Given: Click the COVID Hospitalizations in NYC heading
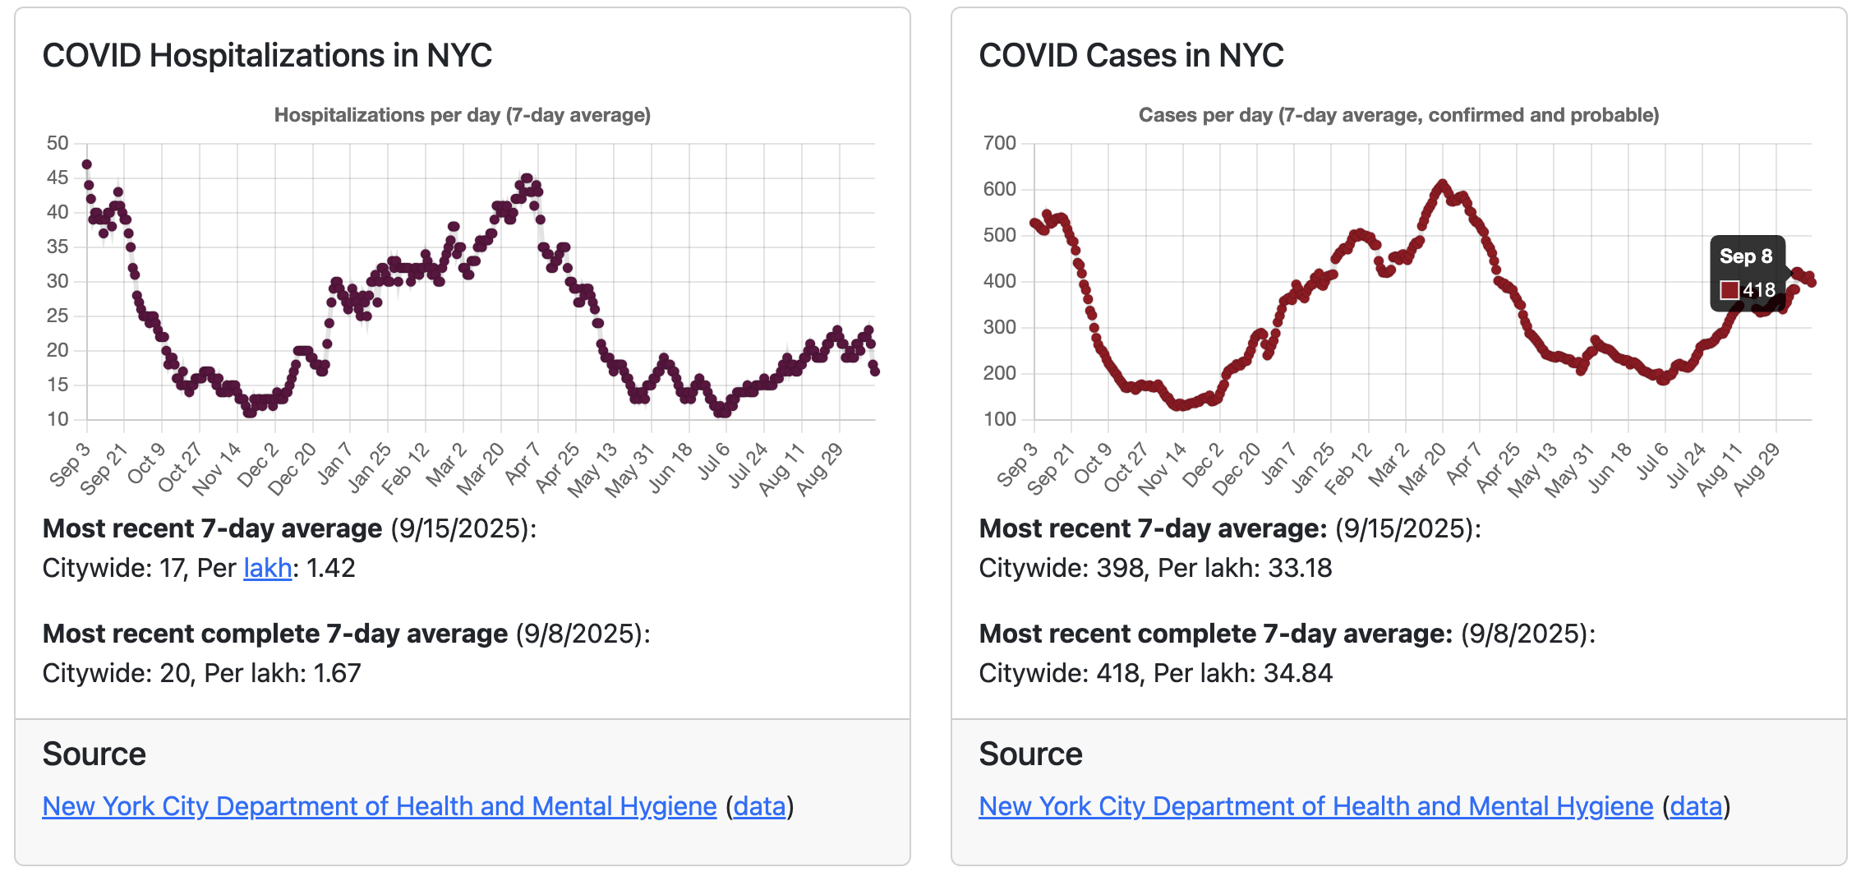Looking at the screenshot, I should (x=267, y=56).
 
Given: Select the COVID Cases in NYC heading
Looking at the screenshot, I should (x=1131, y=56).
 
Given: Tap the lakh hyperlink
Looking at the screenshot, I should (x=268, y=568).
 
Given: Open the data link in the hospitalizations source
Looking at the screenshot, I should (x=759, y=806).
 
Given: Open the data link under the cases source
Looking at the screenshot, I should (x=1696, y=806).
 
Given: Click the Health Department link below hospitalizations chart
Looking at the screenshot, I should (x=380, y=806).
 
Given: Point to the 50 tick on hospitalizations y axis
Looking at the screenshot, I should (x=58, y=143).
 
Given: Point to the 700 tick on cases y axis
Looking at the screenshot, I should (x=999, y=143).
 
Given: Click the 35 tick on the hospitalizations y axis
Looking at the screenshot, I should (x=58, y=247).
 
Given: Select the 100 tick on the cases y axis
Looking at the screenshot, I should (x=999, y=419).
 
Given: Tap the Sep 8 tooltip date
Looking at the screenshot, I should (x=1746, y=256).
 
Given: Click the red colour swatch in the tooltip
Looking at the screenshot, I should (x=1730, y=290).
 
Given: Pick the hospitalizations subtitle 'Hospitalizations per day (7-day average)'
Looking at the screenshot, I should (x=462, y=115).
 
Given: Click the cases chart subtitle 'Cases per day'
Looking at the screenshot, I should (x=1398, y=115).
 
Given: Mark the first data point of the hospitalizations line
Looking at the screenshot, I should (x=87, y=164).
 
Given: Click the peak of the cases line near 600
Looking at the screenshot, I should (x=1443, y=184).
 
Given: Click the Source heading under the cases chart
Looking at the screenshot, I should (x=1030, y=754).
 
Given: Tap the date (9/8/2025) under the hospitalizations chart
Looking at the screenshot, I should (x=583, y=634).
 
